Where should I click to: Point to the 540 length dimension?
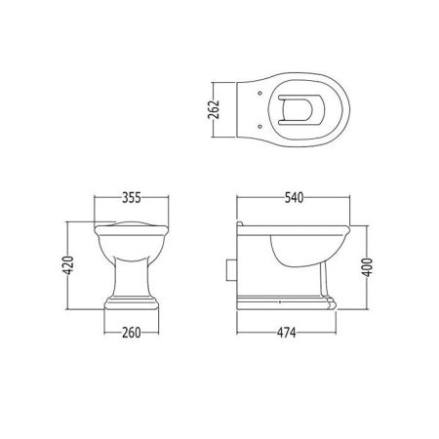point(294,198)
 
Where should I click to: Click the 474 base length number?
point(287,333)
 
